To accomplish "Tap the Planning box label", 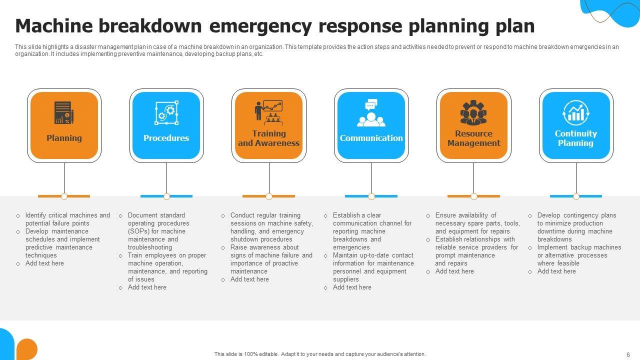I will (x=64, y=138).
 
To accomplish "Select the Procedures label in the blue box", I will (x=166, y=138).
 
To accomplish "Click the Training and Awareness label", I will (x=269, y=138).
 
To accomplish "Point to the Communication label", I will (x=371, y=138).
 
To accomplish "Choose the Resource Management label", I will (x=473, y=138).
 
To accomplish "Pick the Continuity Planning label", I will (x=576, y=138).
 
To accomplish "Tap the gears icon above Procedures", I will (x=166, y=113).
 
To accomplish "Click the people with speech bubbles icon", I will (x=371, y=113).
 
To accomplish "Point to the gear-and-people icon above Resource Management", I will (x=473, y=113).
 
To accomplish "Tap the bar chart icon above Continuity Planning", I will (x=576, y=113).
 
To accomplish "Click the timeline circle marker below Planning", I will (x=64, y=196).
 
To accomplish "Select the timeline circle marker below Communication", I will (x=371, y=196).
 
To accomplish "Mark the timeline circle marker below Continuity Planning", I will (x=576, y=196).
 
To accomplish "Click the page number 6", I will (x=628, y=354).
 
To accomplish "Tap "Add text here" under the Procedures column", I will (x=147, y=287).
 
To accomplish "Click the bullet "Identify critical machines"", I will (x=67, y=215).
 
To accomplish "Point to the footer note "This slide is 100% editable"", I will (x=320, y=354).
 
